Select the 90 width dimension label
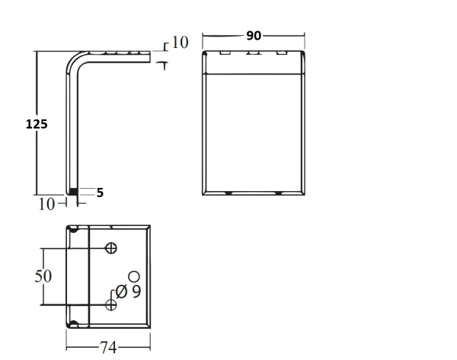254,35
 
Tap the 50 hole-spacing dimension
45,276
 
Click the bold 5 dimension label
100,193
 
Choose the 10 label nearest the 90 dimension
179,42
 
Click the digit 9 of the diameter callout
135,291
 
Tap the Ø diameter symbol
120,291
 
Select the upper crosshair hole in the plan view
111,247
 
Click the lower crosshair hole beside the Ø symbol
111,304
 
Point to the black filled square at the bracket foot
74,191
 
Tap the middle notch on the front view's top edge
252,54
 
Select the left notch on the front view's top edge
225,54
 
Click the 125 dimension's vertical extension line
37,122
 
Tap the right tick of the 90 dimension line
305,35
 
